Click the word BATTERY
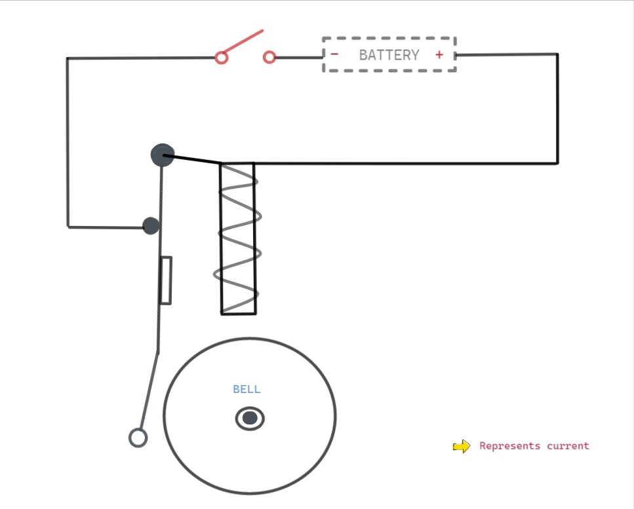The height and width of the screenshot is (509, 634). click(x=389, y=55)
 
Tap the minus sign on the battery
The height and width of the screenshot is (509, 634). click(x=334, y=54)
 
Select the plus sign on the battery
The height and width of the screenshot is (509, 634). click(x=439, y=55)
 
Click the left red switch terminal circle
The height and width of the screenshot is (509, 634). click(x=222, y=58)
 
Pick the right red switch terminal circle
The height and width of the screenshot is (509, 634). click(x=269, y=58)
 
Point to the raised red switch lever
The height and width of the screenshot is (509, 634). click(x=242, y=42)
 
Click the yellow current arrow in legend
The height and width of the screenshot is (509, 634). click(x=462, y=447)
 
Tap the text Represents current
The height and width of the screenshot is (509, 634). click(x=534, y=446)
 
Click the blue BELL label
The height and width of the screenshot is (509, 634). click(x=247, y=389)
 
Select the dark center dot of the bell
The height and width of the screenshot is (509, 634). click(x=250, y=418)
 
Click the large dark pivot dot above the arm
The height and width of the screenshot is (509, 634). click(x=162, y=155)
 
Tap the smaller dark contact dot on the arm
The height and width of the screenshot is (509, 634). click(x=151, y=226)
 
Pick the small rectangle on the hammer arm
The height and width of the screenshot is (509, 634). click(x=165, y=280)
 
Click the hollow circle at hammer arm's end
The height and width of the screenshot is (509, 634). click(x=138, y=438)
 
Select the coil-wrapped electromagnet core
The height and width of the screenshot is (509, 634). click(x=238, y=238)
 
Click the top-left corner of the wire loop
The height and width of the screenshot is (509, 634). click(x=68, y=58)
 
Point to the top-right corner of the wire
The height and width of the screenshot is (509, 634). click(x=557, y=54)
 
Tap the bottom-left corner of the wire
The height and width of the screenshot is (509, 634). click(x=68, y=227)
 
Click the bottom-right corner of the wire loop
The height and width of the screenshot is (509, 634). click(x=557, y=162)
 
